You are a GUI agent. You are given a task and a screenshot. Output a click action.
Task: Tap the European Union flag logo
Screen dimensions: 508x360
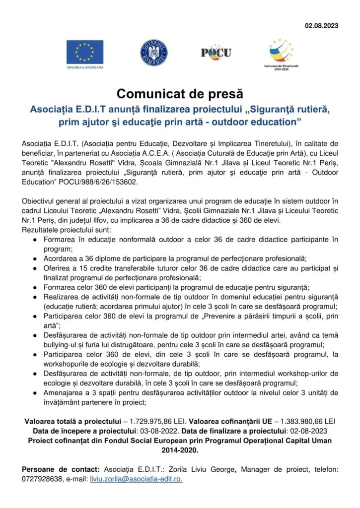click(x=85, y=52)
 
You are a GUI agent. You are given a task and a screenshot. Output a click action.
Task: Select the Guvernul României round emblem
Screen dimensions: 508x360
click(x=153, y=53)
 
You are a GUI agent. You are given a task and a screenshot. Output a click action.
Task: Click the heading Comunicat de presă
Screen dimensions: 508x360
click(x=180, y=93)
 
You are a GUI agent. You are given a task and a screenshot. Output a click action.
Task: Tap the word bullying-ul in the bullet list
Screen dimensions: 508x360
click(x=61, y=345)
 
